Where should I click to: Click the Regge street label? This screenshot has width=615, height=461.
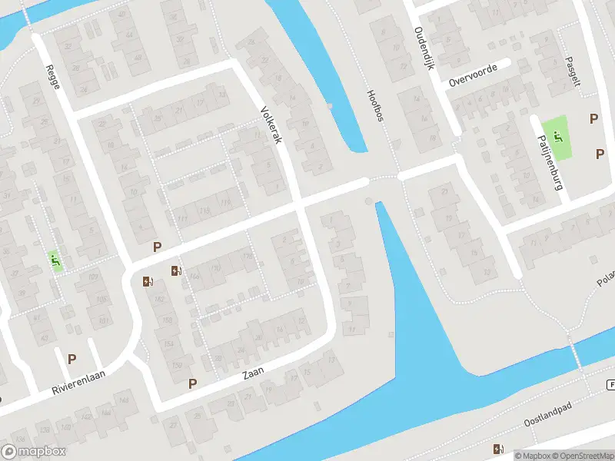(53, 78)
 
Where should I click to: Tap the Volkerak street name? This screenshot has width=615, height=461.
(272, 124)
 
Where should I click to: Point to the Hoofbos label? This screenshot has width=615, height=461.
(375, 105)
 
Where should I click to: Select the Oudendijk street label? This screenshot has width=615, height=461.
(424, 48)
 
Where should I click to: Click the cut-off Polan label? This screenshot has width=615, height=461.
(605, 279)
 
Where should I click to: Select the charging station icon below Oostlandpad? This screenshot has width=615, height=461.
(497, 449)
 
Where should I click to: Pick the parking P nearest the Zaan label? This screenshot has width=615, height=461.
(193, 383)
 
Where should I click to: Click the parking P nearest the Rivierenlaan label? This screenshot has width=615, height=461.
(72, 358)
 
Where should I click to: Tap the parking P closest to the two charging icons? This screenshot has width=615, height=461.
(157, 247)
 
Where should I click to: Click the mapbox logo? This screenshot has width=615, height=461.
(34, 451)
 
